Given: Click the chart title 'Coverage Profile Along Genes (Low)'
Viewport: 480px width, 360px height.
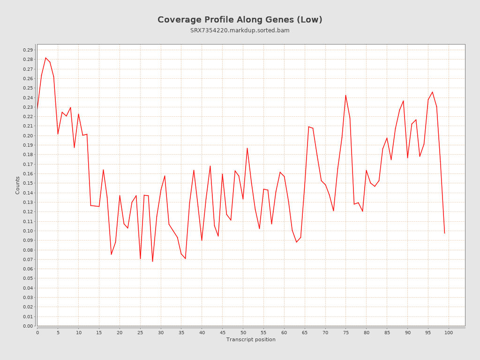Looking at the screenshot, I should (x=240, y=20).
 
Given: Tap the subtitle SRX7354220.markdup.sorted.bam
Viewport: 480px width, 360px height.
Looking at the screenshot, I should (x=240, y=30).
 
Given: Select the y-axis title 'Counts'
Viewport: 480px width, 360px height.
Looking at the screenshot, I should (x=18, y=185).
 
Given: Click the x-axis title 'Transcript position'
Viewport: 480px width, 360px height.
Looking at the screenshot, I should (x=251, y=339).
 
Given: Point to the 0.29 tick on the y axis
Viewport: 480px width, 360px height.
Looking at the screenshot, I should (x=28, y=50).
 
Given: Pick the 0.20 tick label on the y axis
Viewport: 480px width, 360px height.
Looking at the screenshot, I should (x=28, y=136).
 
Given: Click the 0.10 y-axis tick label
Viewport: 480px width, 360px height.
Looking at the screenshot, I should (x=28, y=231).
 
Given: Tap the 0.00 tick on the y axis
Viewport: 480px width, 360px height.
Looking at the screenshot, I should (x=28, y=326).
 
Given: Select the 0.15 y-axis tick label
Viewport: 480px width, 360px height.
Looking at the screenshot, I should (x=28, y=183).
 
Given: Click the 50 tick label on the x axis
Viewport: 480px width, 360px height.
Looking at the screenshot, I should (x=243, y=333).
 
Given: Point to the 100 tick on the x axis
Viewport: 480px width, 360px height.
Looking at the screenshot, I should (x=449, y=333).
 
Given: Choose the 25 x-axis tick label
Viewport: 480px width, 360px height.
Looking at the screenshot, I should (x=140, y=333).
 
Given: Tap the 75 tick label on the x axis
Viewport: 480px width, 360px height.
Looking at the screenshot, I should (x=346, y=333).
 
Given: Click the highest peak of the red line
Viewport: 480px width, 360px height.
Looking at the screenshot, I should (x=45, y=58).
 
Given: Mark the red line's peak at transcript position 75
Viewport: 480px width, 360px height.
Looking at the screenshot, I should (x=346, y=95).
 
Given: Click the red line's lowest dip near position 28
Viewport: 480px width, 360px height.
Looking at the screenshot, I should (x=152, y=262).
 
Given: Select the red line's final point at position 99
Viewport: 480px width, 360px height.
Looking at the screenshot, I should (x=444, y=233).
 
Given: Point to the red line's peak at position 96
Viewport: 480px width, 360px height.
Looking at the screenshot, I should (x=432, y=92).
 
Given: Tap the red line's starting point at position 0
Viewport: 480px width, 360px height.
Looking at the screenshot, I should (x=37, y=108).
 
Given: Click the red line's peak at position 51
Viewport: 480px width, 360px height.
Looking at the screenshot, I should (x=247, y=148).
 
